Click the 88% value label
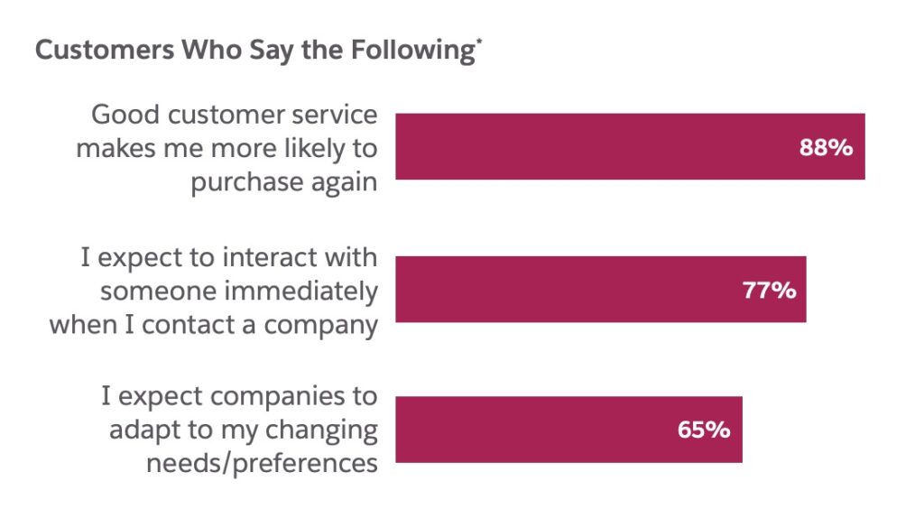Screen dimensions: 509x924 click(x=826, y=148)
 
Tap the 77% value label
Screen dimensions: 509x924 click(x=768, y=290)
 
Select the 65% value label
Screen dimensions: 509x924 click(x=703, y=430)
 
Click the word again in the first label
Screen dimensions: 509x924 click(x=344, y=182)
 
